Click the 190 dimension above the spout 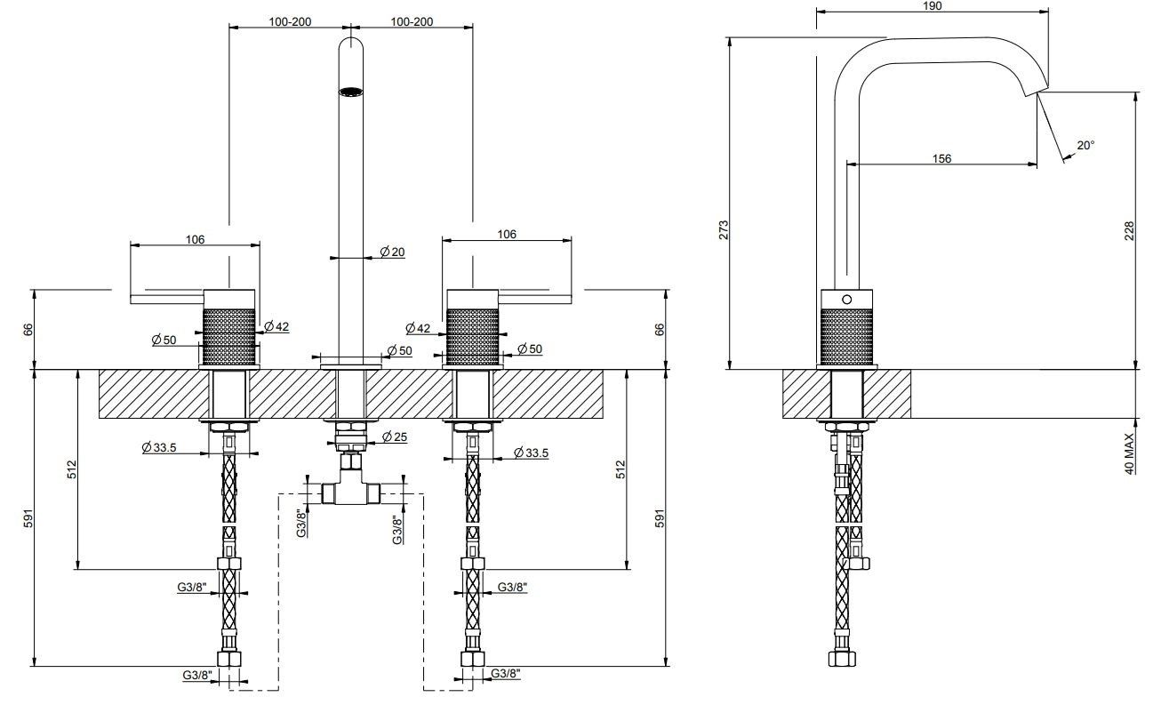tap(933, 5)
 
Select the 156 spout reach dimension tap(941, 158)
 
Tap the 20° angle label tap(1085, 145)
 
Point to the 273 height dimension tap(724, 229)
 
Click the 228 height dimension tap(1129, 232)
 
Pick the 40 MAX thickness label tap(1129, 453)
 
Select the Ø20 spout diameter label tap(392, 252)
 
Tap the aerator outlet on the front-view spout tap(351, 91)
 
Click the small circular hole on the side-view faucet tap(845, 299)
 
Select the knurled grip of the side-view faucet tap(845, 335)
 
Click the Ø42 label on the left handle tap(277, 327)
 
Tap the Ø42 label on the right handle tap(419, 328)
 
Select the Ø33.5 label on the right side tap(531, 453)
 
